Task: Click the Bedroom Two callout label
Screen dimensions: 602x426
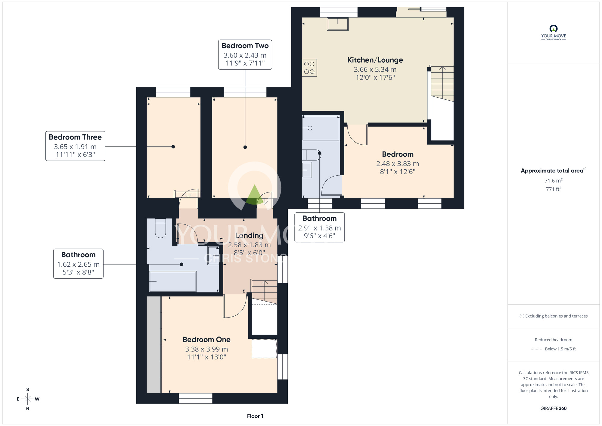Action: coord(245,55)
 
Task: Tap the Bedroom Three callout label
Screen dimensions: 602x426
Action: coord(75,146)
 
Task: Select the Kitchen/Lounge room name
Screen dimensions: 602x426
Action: coord(375,60)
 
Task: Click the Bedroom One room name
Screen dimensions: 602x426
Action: coord(206,340)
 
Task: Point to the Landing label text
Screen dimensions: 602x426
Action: coord(249,235)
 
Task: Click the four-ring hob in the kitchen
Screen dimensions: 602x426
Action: coord(309,68)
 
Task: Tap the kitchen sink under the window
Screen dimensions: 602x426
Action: coord(338,24)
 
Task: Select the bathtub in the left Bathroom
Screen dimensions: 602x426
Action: coord(173,281)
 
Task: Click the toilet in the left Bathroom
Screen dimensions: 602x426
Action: coord(160,228)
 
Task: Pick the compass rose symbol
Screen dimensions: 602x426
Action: coord(28,399)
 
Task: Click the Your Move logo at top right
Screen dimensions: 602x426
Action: coord(554,33)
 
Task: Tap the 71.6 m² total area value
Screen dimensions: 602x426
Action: coord(554,180)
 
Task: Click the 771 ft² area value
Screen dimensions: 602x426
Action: coord(554,189)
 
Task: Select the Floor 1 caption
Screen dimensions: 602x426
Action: coord(255,416)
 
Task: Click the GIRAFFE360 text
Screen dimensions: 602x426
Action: coord(554,409)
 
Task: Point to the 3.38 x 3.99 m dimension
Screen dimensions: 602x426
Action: coord(206,349)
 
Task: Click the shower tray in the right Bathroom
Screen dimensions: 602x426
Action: coord(321,128)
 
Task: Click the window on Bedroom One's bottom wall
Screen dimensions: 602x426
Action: coord(195,398)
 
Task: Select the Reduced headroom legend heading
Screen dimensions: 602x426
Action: coord(554,340)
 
